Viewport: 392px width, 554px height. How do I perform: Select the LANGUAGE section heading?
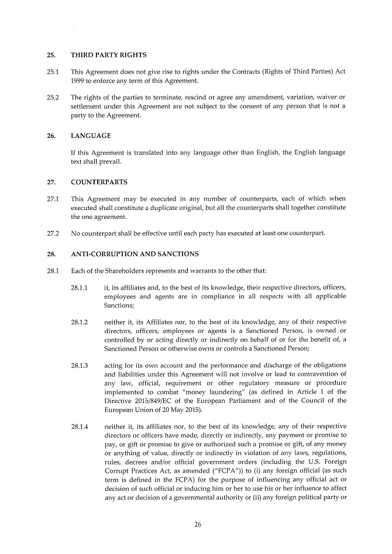click(x=91, y=136)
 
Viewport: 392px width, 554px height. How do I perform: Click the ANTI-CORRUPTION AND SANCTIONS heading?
click(x=135, y=254)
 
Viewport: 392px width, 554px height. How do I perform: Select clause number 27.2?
click(x=52, y=233)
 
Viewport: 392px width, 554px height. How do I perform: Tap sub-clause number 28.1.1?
click(x=79, y=288)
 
